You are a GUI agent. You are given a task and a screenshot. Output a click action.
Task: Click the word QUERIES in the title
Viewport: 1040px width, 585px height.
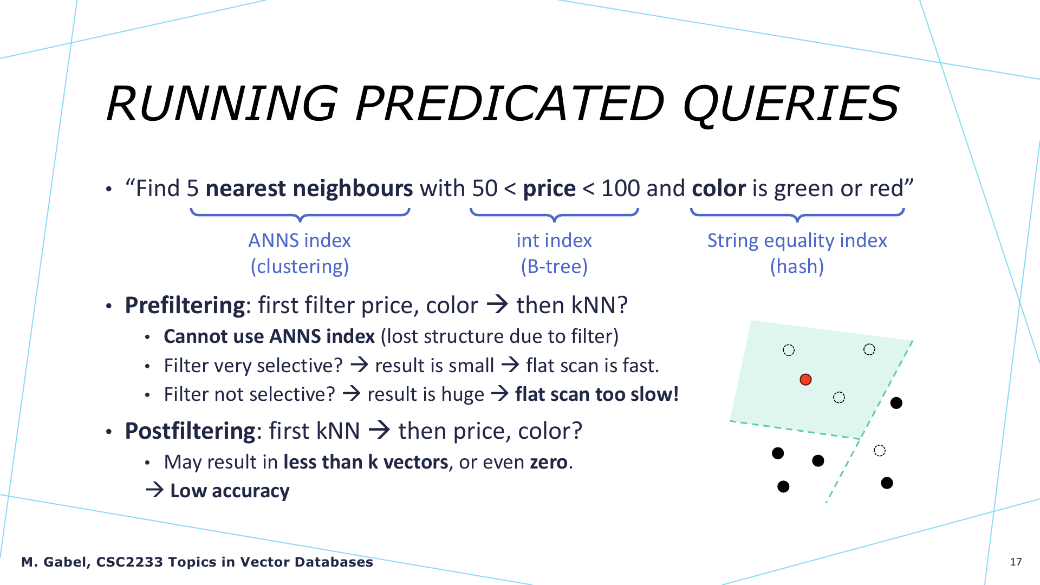791,104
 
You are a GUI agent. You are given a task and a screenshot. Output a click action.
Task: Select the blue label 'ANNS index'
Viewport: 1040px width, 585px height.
300,240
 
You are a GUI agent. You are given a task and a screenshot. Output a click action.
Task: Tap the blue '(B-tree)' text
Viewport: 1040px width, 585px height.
554,266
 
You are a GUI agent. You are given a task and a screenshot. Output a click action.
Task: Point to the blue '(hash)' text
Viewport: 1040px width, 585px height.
797,266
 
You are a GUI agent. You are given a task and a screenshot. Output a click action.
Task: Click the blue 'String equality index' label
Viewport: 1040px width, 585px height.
797,240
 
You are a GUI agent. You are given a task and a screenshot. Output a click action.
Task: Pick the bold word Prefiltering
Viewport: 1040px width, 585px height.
185,305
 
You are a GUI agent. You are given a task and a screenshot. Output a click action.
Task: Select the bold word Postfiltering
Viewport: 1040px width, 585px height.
190,431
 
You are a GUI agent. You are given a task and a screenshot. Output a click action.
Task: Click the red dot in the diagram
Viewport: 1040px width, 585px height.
805,379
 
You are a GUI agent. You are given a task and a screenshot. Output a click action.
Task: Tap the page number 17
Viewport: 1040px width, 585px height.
1016,562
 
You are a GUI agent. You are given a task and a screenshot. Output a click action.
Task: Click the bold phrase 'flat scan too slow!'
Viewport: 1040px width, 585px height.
597,394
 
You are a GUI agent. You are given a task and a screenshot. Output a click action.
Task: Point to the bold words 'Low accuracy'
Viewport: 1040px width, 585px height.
230,491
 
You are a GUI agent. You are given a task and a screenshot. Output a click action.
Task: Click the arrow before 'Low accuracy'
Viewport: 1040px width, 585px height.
155,490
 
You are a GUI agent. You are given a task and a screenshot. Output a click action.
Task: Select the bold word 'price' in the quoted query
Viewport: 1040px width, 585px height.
549,188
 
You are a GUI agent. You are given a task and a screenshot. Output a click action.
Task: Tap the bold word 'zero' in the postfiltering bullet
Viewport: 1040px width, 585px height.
548,462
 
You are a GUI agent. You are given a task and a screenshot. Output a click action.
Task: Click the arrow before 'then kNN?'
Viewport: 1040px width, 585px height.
497,304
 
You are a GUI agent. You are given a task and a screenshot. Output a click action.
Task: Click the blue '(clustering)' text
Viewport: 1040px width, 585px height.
300,266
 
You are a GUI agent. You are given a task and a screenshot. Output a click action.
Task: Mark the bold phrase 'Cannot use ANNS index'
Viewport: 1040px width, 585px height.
269,336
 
